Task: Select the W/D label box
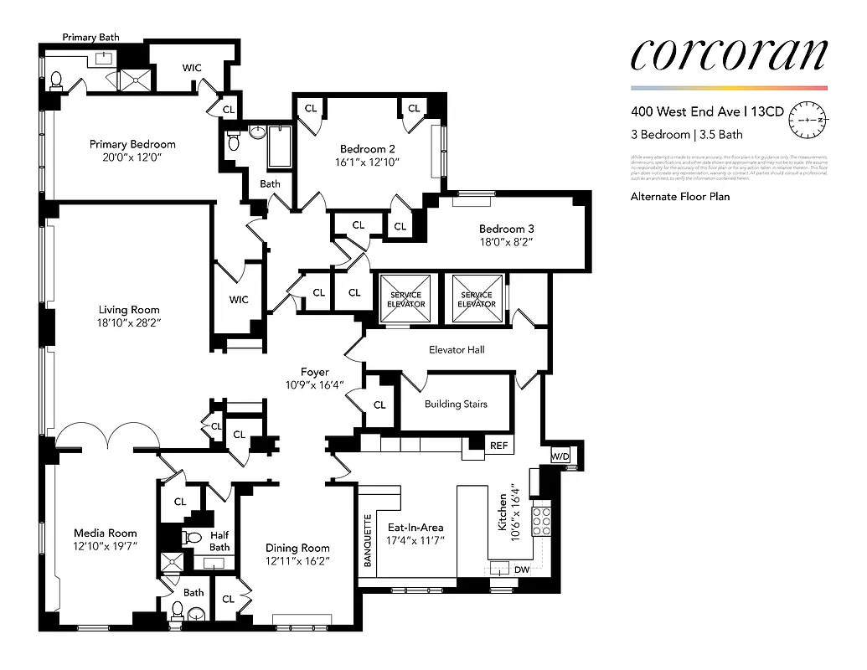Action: [559, 456]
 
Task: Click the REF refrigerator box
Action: [498, 446]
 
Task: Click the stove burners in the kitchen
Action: [541, 519]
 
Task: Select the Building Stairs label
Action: [456, 404]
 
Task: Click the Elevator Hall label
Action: [457, 349]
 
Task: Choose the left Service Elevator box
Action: [406, 300]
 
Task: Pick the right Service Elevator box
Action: [477, 300]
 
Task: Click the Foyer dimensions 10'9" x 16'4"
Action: [315, 385]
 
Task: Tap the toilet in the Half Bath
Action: [193, 538]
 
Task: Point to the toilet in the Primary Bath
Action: [57, 80]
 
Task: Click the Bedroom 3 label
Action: [506, 229]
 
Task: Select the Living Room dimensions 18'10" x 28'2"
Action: [128, 324]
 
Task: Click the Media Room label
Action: [105, 533]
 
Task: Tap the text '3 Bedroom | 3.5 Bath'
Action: [686, 134]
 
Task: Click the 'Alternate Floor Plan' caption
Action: [679, 197]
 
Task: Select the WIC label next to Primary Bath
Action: [192, 68]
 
